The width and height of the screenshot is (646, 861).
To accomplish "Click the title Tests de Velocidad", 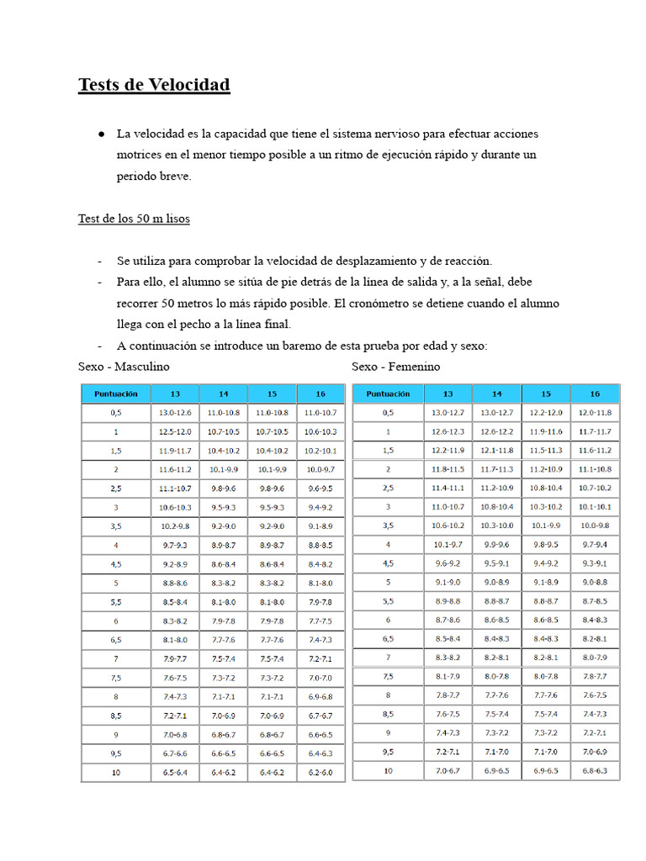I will pos(154,85).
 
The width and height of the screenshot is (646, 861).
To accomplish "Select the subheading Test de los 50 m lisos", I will pos(134,219).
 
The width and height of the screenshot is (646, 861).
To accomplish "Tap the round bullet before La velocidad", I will pos(101,134).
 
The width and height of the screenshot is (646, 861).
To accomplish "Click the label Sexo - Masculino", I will pos(124,367).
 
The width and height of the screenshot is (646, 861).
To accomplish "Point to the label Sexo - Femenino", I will pos(395,367).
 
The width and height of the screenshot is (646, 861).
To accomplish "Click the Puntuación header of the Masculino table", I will pos(115,394).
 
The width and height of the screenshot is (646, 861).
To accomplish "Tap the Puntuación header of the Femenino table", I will pos(387,394).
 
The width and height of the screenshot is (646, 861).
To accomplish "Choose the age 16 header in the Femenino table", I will pos(595,394).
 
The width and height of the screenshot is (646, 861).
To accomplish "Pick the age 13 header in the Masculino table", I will pos(175,394).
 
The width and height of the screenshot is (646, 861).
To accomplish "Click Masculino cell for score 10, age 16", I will pos(320,772).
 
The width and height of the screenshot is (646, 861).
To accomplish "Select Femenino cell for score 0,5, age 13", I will pos(447,412).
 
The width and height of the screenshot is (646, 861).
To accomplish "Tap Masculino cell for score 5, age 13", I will pos(175,583).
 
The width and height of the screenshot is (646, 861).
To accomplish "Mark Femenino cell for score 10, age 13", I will pos(447,770).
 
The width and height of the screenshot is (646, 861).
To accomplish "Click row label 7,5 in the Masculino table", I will pos(115,678).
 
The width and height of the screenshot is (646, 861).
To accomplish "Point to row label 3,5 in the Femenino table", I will pos(387,526).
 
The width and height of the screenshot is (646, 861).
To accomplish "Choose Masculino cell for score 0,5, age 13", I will pos(175,413).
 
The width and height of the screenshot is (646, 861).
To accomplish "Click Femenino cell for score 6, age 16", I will pos(595,620).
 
